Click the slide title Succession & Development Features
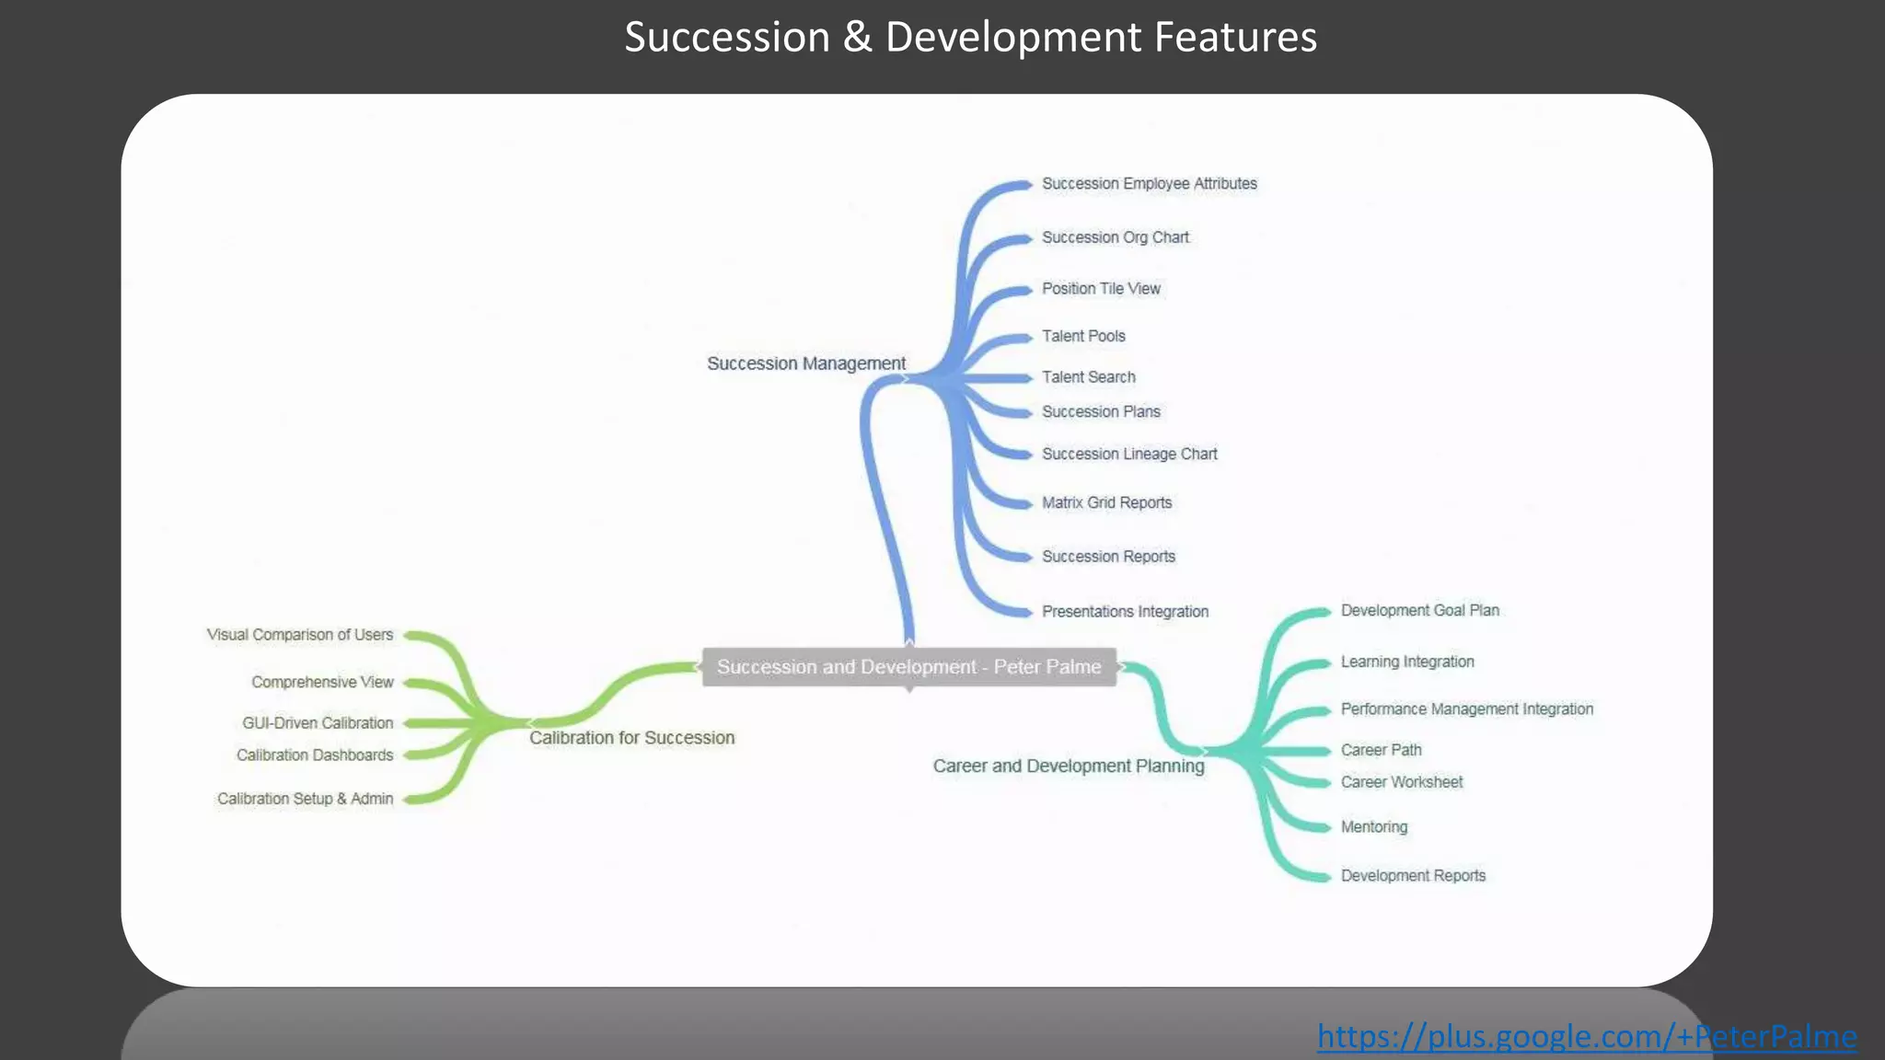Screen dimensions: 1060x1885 coord(970,38)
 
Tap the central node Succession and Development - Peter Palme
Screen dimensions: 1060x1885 coord(908,667)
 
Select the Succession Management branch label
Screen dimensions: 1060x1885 coord(805,363)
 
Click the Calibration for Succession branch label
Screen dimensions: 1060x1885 coord(631,738)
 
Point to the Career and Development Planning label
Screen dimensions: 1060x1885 coord(1068,766)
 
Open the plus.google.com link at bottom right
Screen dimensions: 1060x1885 coord(1586,1037)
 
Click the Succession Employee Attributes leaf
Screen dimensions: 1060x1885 coord(1149,184)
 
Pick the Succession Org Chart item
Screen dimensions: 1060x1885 coord(1115,237)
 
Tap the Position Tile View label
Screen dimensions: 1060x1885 coord(1101,289)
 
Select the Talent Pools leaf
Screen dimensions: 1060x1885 coord(1083,337)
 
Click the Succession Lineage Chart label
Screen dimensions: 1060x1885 coord(1129,455)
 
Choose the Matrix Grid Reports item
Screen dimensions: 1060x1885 coord(1106,503)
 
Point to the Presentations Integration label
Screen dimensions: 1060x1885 coord(1125,612)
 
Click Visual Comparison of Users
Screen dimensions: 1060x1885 coord(300,635)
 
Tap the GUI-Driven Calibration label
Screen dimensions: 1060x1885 coord(318,723)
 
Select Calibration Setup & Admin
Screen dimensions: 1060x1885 coord(305,799)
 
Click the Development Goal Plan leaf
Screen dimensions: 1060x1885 coord(1419,611)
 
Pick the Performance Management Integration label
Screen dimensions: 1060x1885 coord(1466,709)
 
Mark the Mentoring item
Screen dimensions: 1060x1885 coord(1373,827)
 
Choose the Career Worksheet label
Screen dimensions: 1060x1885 coord(1401,782)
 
